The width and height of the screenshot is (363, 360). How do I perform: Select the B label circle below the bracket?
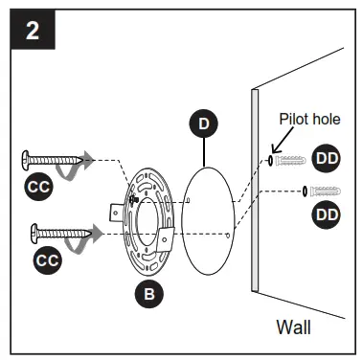pyautogui.click(x=147, y=294)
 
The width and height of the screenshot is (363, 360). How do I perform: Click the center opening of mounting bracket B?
pyautogui.click(x=147, y=218)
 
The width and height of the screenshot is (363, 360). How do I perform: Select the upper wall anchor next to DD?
pyautogui.click(x=291, y=160)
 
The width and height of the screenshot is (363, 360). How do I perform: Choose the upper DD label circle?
pyautogui.click(x=327, y=159)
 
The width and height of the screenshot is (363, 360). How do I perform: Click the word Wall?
pyautogui.click(x=293, y=326)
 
